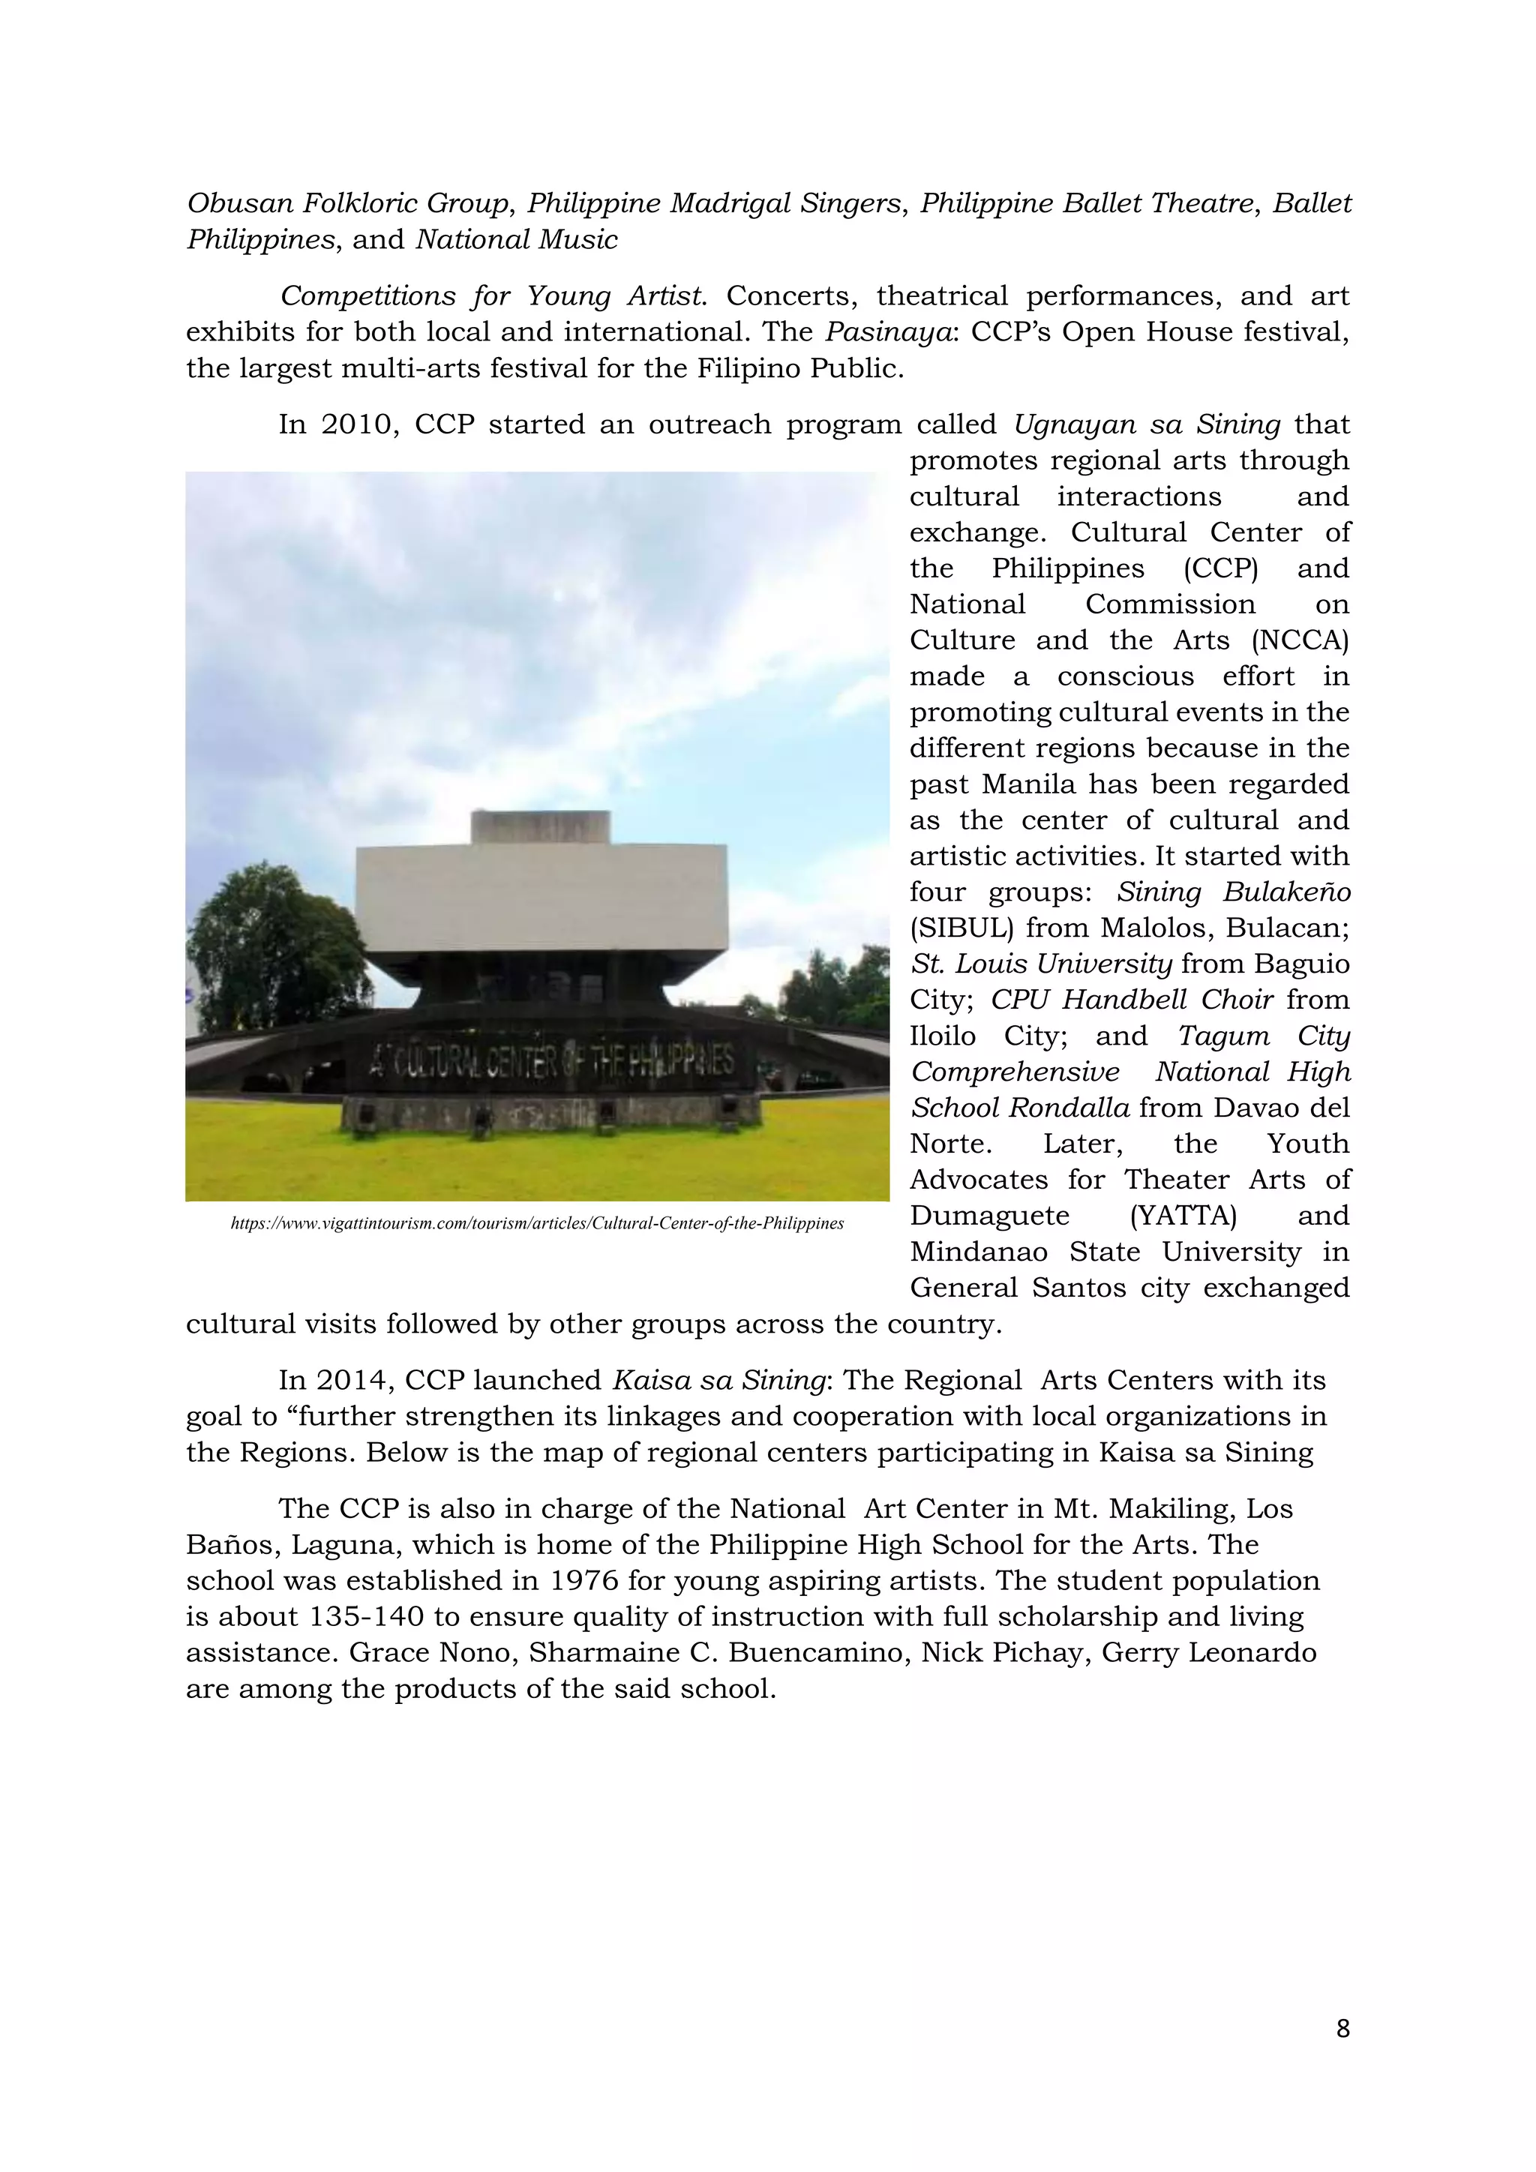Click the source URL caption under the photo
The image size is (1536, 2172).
pos(537,1224)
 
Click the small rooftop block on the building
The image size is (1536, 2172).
pos(540,828)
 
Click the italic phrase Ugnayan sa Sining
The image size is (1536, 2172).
pos(1146,424)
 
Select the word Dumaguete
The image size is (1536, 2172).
pos(989,1216)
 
